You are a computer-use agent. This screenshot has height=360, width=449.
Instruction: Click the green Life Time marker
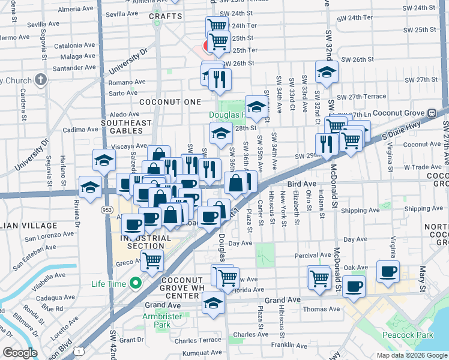click(136, 283)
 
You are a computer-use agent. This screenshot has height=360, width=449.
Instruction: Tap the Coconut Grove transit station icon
click(431, 113)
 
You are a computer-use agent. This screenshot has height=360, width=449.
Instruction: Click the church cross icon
click(40, 79)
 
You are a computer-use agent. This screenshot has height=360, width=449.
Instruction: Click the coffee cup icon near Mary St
click(388, 271)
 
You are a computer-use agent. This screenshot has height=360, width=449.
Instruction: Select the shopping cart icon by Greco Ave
click(152, 260)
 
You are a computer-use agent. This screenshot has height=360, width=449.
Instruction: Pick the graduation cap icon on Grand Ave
click(212, 303)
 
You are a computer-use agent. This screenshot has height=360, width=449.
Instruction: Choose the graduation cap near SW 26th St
click(326, 72)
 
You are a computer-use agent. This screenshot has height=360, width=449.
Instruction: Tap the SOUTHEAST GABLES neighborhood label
click(126, 123)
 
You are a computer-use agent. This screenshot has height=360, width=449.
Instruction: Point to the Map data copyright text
click(411, 355)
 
